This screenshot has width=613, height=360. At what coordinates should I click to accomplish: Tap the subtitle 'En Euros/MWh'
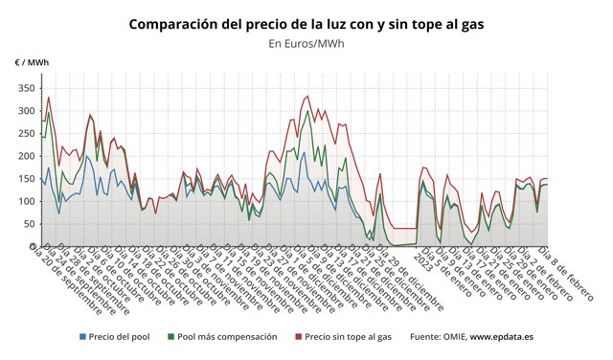(x=306, y=43)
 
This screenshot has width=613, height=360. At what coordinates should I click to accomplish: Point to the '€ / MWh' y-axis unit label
(x=32, y=63)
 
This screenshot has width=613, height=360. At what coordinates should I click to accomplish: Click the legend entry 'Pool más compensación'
(x=227, y=337)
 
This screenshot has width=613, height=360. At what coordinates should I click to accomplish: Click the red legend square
(x=298, y=337)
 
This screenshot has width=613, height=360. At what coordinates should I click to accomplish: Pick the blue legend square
(x=83, y=337)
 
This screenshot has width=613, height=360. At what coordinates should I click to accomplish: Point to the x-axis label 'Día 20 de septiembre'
(x=67, y=279)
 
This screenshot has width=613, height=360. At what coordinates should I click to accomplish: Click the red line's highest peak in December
(x=307, y=96)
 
